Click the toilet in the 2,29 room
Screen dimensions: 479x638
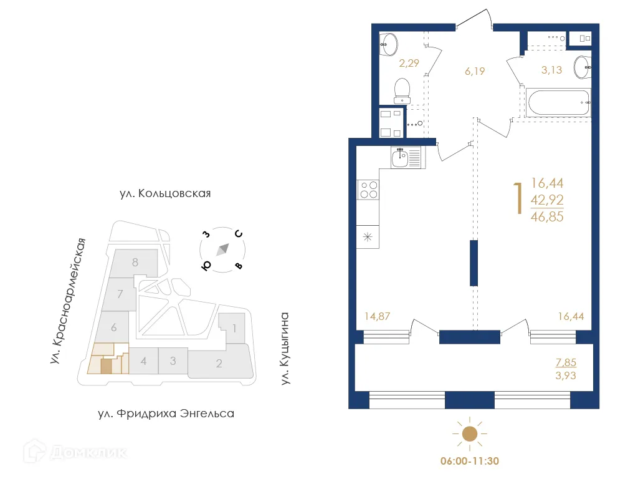402,90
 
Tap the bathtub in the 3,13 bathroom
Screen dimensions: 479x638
558,102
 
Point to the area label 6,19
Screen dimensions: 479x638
474,71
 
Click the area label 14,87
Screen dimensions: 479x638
378,316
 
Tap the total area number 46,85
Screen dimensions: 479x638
547,216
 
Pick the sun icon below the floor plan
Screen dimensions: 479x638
469,434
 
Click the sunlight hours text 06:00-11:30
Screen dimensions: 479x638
469,462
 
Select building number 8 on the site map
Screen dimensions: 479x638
135,263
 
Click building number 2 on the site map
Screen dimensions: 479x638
219,364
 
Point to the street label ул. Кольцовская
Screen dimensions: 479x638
165,193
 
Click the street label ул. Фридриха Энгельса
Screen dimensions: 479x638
166,414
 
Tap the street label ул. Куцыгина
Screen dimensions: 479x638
285,348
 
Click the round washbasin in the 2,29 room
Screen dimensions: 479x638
389,43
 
